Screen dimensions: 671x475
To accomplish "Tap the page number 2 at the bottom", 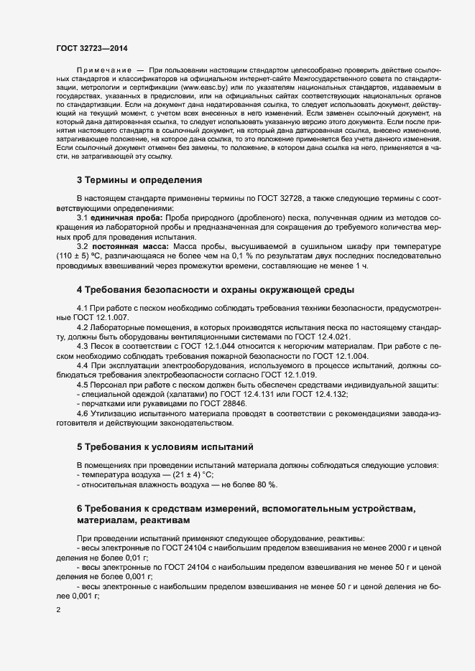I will [58, 610].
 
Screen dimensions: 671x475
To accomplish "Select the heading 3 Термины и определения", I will [139, 179].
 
